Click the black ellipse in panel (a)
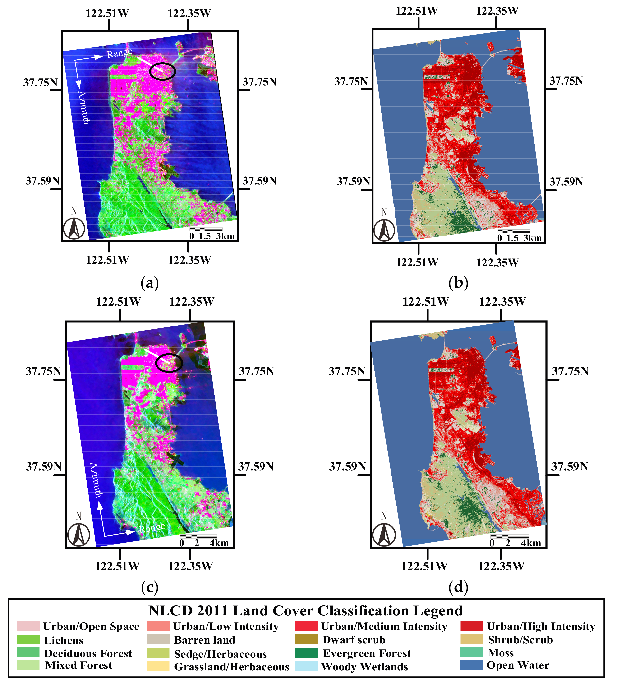point(163,71)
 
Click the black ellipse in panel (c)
point(169,363)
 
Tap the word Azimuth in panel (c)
point(96,480)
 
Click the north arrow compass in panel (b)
point(384,229)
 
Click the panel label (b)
point(458,282)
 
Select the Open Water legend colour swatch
point(471,665)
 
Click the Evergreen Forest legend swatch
point(306,653)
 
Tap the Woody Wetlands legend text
point(364,667)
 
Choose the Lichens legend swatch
point(28,640)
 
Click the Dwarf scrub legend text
point(354,640)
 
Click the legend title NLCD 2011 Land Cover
point(305,611)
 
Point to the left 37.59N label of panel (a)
point(42,181)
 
